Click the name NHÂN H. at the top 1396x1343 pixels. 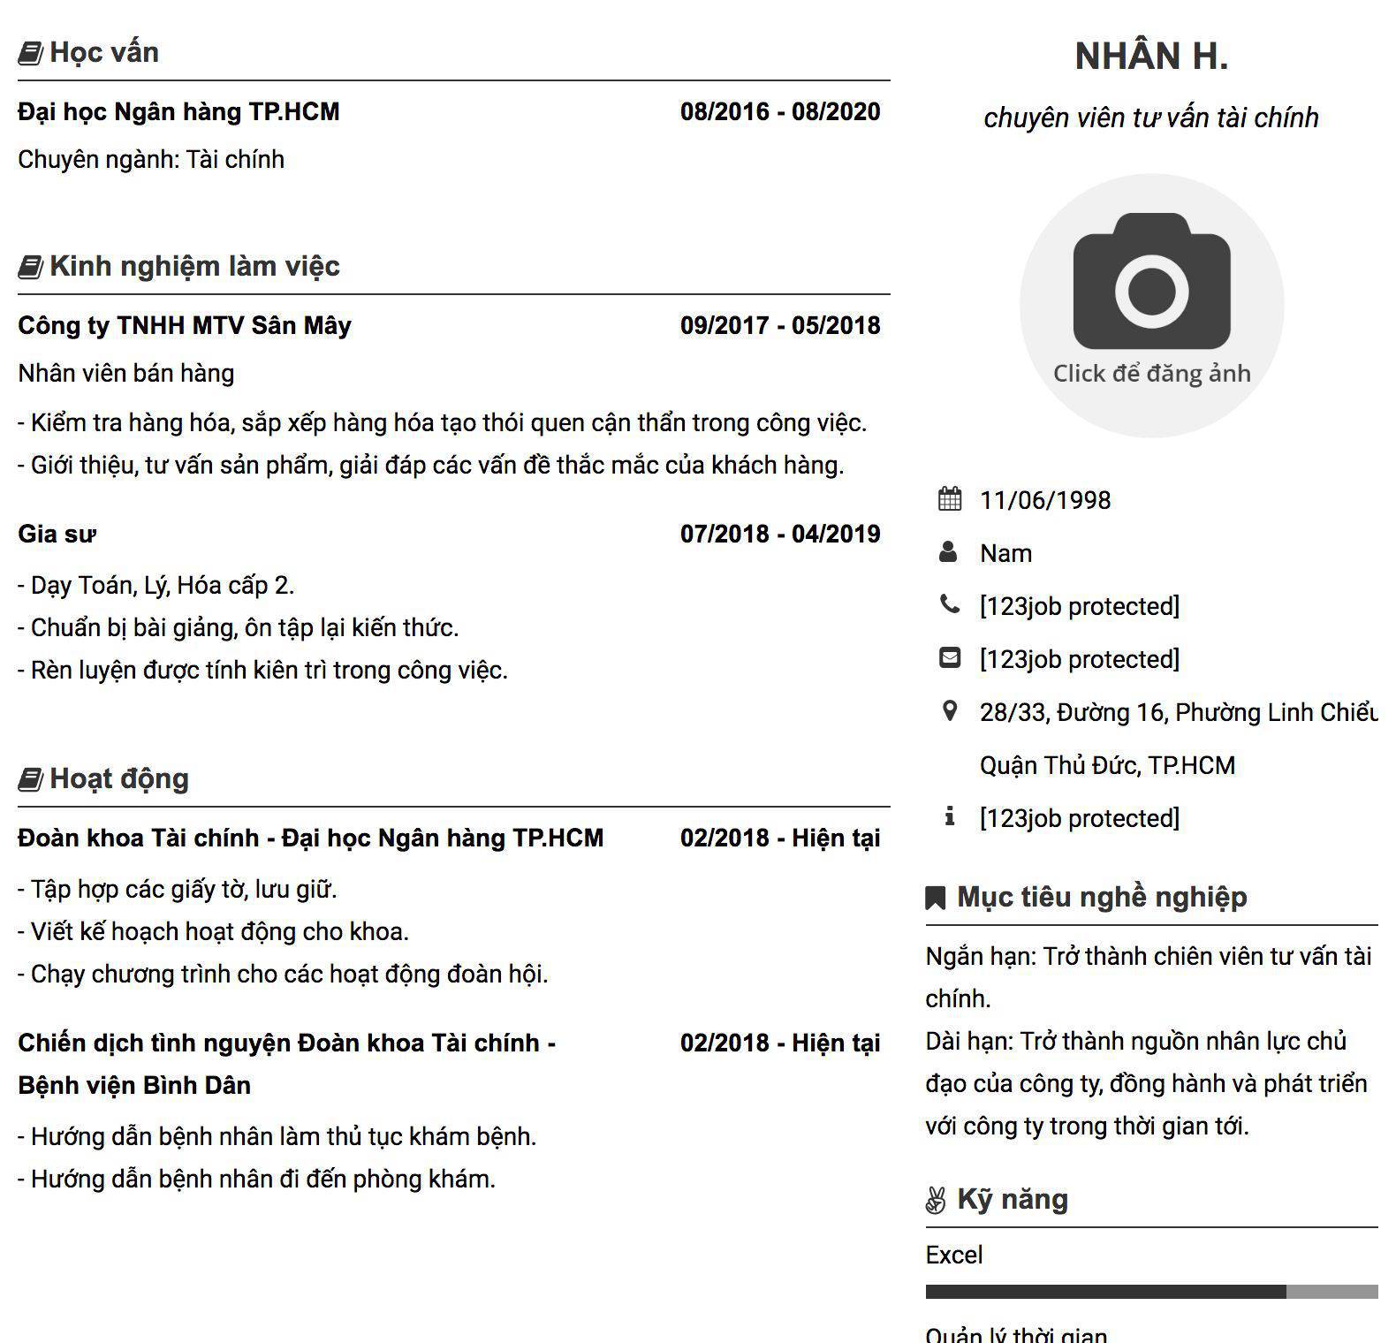(1151, 57)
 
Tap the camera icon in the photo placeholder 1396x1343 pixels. (1151, 281)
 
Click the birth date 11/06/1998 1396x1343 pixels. (1045, 500)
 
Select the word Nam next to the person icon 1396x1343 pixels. (1005, 553)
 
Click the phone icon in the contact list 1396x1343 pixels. (950, 605)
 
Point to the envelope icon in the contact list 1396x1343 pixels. (950, 658)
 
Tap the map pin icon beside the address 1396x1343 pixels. (950, 711)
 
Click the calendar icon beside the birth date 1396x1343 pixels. (950, 499)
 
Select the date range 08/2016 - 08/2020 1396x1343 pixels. (780, 112)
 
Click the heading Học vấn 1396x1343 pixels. (104, 52)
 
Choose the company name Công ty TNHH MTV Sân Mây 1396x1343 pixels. (185, 326)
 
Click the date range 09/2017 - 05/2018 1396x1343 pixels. (780, 326)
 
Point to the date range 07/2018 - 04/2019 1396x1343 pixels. (780, 535)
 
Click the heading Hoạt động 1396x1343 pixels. (119, 778)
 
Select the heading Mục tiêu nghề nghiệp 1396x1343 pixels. (1102, 897)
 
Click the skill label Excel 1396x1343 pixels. (954, 1256)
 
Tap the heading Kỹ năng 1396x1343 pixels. (1013, 1199)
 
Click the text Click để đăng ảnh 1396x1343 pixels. (1151, 374)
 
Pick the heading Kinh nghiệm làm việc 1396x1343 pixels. (194, 266)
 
